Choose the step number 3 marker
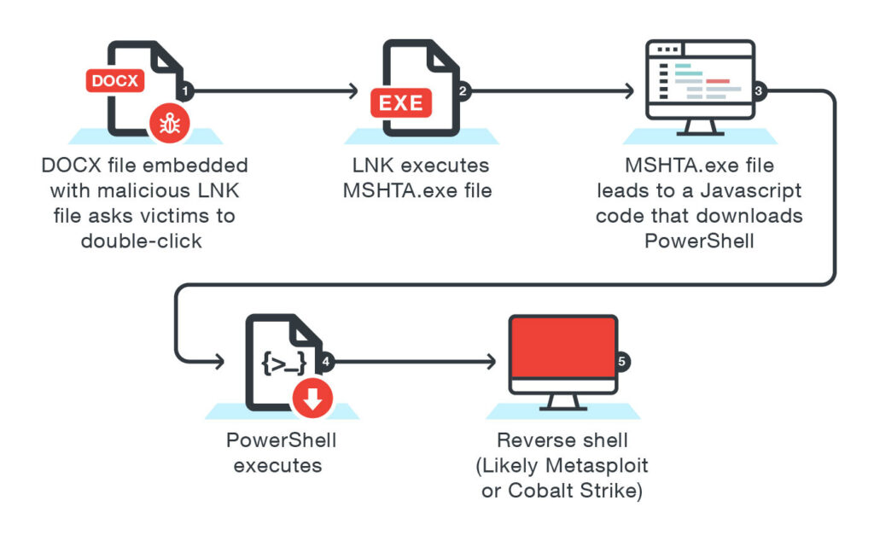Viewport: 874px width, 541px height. tap(760, 90)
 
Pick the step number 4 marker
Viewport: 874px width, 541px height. tap(324, 361)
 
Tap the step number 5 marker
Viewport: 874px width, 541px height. tap(623, 361)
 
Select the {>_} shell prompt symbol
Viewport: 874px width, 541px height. tap(283, 364)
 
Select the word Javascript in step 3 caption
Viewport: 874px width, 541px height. tap(756, 189)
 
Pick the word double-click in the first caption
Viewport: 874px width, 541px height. tap(142, 241)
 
